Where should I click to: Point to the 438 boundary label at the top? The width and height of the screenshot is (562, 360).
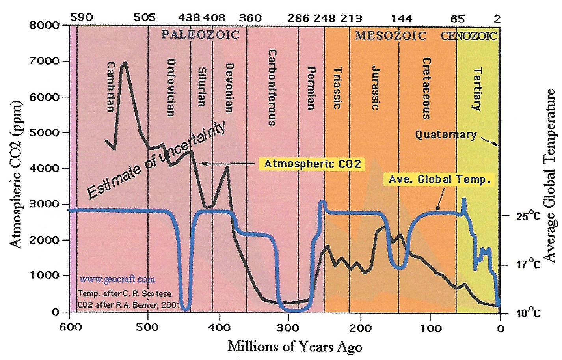(189, 18)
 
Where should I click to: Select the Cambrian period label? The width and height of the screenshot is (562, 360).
(111, 87)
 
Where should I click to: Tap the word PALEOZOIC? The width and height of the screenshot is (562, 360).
(200, 35)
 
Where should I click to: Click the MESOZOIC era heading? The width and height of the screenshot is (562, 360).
(391, 36)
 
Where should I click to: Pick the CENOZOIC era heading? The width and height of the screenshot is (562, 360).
(469, 36)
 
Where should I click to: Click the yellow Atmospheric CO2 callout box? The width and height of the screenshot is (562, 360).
(312, 164)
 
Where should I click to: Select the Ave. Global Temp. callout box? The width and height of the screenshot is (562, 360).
(439, 179)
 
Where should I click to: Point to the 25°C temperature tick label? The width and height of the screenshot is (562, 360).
(528, 216)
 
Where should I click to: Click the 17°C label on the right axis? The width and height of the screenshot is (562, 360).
(528, 264)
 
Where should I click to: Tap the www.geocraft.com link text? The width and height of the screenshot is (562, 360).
(117, 279)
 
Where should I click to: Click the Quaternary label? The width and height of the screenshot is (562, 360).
(446, 135)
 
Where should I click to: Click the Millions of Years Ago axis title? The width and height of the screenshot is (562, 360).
(295, 347)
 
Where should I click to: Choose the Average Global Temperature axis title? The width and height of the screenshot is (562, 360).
(549, 175)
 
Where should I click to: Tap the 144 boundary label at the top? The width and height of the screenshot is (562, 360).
(401, 18)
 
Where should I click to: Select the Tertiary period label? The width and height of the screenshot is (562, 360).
(477, 89)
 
